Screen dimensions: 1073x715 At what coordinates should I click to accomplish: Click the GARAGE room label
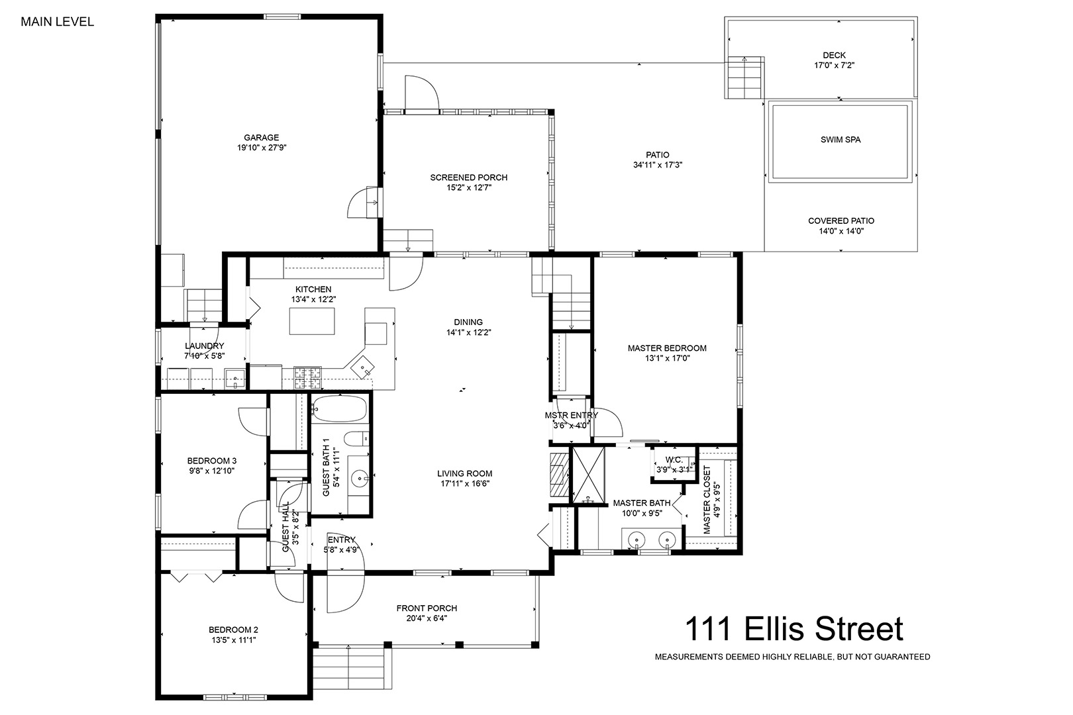click(261, 138)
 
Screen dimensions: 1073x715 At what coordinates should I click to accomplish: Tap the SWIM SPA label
click(841, 140)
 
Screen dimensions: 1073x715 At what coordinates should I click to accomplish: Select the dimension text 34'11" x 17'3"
click(657, 166)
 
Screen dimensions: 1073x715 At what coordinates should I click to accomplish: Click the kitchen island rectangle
click(312, 321)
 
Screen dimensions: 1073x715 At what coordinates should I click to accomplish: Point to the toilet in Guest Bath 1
click(356, 438)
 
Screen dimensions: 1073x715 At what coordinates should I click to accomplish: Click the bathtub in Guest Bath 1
click(340, 408)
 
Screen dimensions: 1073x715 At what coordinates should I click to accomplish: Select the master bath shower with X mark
click(589, 475)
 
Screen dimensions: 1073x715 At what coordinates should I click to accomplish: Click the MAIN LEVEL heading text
click(58, 22)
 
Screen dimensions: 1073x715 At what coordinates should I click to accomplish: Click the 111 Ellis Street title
click(794, 629)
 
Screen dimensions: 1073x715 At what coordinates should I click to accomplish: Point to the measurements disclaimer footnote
click(792, 657)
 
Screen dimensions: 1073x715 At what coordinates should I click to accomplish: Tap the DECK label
click(835, 55)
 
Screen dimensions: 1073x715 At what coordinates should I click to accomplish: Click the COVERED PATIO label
click(841, 220)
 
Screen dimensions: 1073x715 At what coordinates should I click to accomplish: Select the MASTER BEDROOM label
click(667, 348)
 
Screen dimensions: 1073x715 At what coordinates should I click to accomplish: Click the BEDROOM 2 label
click(233, 630)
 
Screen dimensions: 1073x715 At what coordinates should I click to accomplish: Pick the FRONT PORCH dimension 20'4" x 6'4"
click(427, 618)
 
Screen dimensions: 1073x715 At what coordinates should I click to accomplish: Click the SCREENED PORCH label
click(468, 177)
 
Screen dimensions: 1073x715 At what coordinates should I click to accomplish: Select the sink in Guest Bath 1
click(359, 477)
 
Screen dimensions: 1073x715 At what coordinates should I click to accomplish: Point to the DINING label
click(468, 322)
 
